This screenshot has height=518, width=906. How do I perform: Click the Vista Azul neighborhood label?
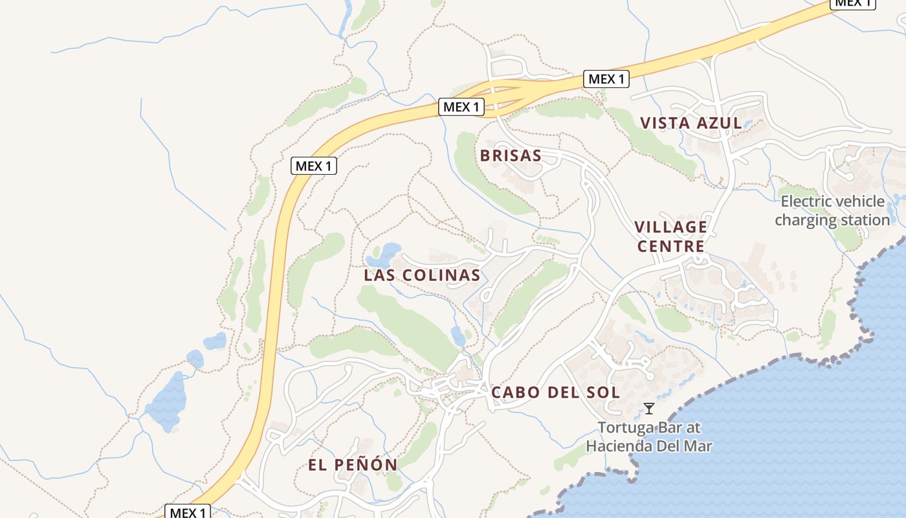(x=691, y=123)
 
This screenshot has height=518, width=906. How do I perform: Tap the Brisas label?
(x=511, y=155)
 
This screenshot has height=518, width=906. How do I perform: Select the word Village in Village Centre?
(x=670, y=227)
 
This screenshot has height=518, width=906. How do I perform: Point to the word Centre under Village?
(x=670, y=247)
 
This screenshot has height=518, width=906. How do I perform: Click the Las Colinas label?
(x=422, y=275)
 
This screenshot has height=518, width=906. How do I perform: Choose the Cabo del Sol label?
(x=555, y=392)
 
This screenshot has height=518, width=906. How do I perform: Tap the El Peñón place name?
(x=352, y=464)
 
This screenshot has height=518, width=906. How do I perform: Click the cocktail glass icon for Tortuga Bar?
(x=649, y=409)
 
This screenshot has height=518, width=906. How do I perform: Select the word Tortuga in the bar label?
(x=624, y=428)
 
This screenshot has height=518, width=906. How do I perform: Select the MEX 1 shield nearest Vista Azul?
(x=606, y=79)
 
